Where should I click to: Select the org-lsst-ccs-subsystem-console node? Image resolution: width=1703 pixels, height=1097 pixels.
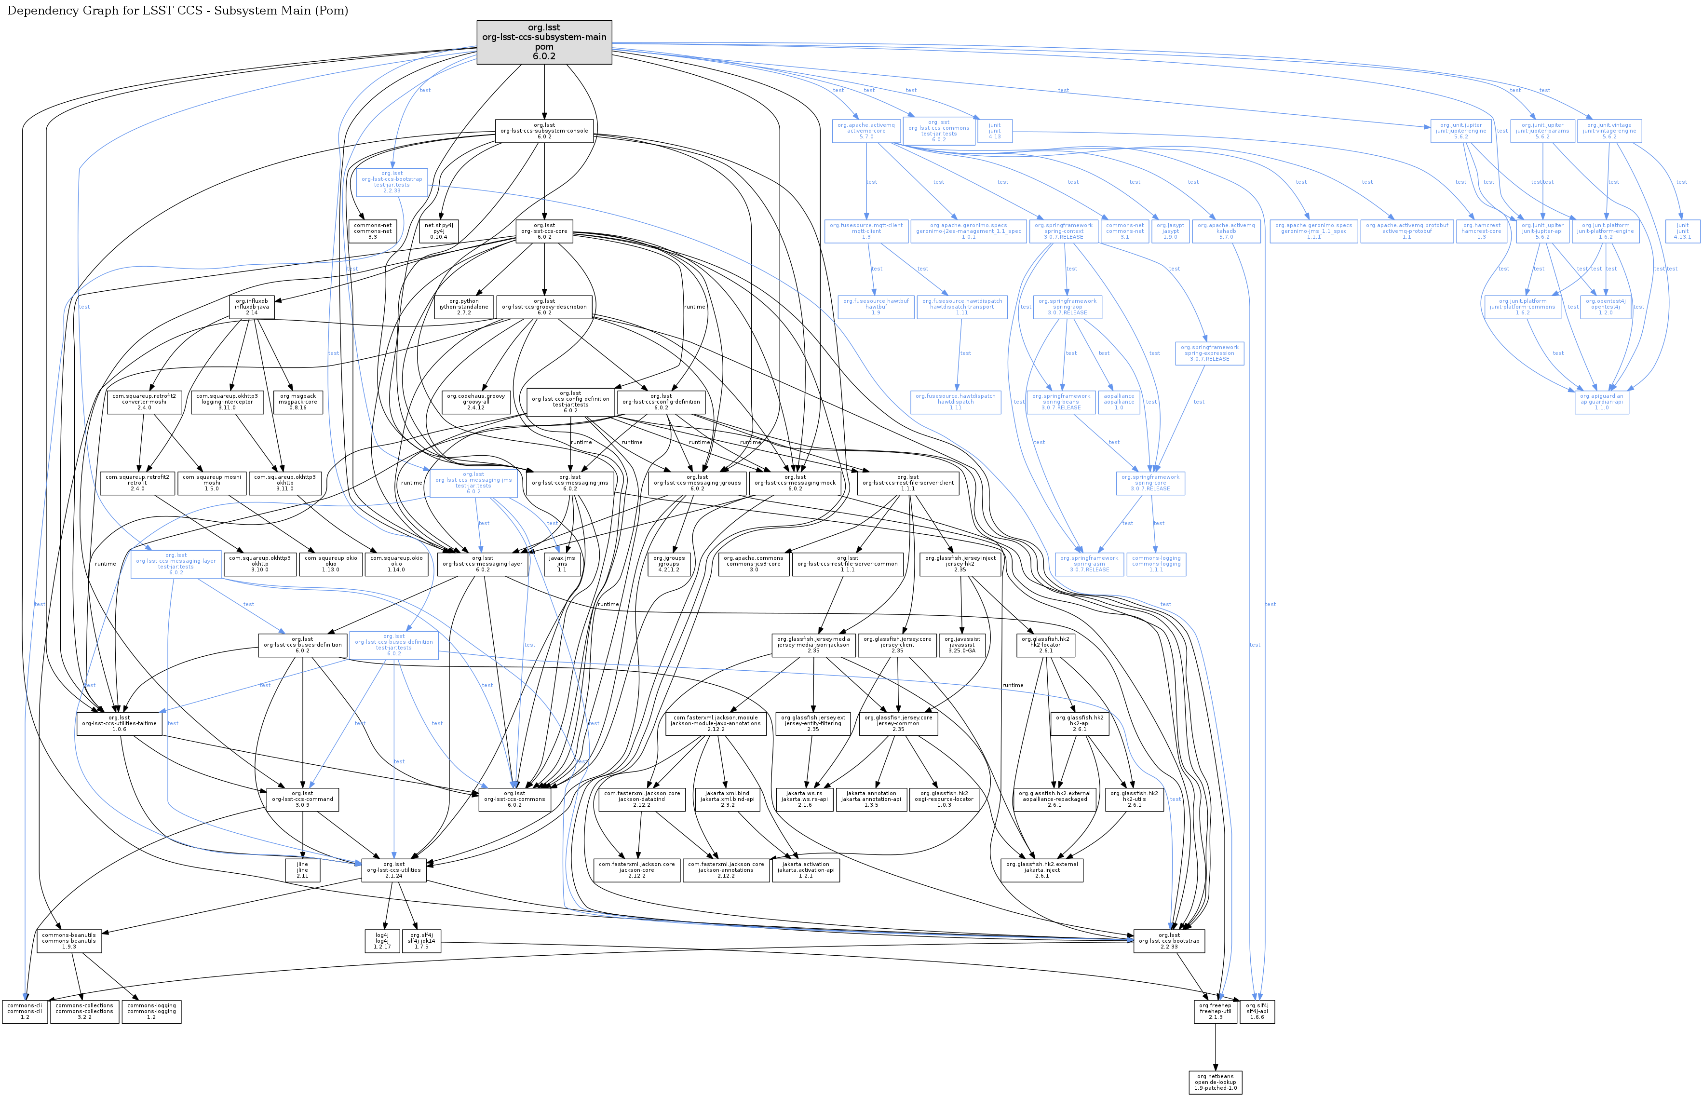click(x=544, y=131)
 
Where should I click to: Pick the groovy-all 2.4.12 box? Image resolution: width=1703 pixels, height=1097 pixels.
click(x=476, y=402)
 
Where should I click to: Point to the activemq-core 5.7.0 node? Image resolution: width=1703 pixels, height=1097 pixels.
click(x=866, y=131)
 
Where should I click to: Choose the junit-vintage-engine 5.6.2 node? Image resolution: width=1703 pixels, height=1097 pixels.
click(x=1609, y=131)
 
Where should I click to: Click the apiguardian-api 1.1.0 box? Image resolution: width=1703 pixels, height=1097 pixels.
click(x=1601, y=402)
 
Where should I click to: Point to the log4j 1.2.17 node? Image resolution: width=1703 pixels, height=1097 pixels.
click(x=382, y=941)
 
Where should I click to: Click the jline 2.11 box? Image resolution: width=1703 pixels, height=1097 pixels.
click(x=302, y=870)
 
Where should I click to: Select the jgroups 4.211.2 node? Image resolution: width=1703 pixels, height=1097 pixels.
click(x=669, y=564)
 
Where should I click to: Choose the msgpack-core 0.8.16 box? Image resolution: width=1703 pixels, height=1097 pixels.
click(x=297, y=402)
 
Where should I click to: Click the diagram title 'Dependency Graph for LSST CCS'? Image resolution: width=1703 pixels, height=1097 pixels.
click(x=178, y=11)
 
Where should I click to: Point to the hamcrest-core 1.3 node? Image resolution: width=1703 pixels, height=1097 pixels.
click(x=1482, y=231)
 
